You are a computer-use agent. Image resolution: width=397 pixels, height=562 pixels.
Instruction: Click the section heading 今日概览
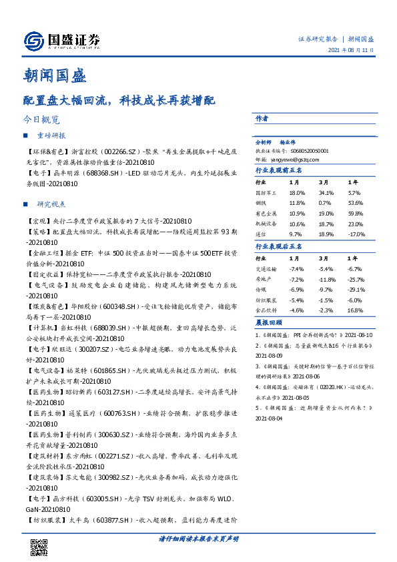pos(41,120)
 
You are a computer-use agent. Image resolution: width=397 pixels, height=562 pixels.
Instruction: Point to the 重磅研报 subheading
pos(51,135)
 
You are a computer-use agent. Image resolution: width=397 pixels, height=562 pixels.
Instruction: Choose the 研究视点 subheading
pos(51,204)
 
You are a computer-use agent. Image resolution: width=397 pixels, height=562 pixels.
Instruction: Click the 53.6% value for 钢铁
pos(356,202)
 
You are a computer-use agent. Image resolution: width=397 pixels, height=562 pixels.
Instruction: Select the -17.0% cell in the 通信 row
pos(357,234)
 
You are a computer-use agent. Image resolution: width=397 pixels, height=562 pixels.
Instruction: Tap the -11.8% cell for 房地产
pos(327,279)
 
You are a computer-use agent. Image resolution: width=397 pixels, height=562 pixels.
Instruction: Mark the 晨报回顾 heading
pos(268,322)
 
